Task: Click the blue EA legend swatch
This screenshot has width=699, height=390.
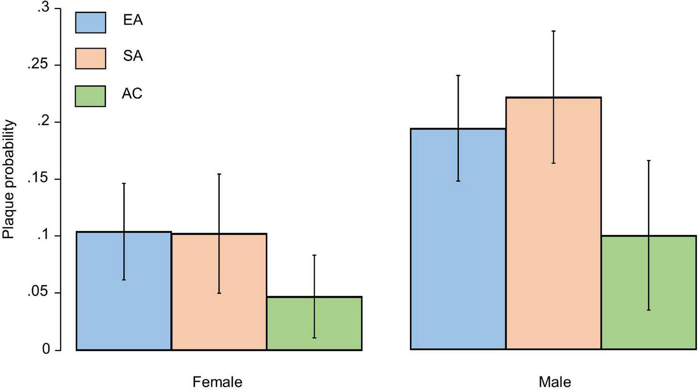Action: tap(90, 22)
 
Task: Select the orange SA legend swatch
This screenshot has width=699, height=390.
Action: tap(90, 58)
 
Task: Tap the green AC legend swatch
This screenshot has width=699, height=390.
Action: tap(90, 96)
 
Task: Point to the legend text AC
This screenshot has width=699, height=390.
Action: tap(132, 94)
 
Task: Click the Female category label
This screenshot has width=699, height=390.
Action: tap(217, 382)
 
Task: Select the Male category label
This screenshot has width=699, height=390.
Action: tap(555, 382)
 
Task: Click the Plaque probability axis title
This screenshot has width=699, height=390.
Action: tap(9, 180)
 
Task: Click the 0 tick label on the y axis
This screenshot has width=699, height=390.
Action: tap(46, 350)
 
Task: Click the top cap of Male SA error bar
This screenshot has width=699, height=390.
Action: tap(553, 31)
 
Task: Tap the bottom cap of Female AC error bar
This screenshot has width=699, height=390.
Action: tap(314, 338)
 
